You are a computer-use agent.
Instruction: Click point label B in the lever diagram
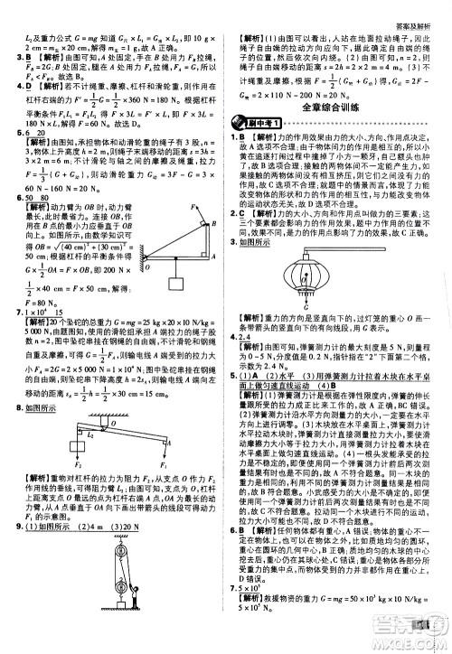212,202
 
